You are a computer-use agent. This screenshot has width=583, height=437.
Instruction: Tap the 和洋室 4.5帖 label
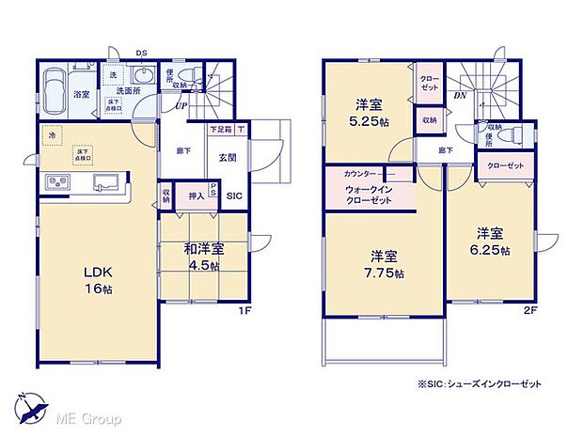(x=203, y=257)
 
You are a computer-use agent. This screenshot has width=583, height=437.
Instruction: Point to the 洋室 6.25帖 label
(x=492, y=241)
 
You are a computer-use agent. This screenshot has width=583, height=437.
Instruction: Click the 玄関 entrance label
(x=228, y=158)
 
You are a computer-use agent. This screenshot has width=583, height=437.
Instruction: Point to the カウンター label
(x=362, y=175)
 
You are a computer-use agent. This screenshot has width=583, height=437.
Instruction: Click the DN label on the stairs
(x=460, y=95)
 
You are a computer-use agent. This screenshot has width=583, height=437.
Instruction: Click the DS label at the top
(x=141, y=53)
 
